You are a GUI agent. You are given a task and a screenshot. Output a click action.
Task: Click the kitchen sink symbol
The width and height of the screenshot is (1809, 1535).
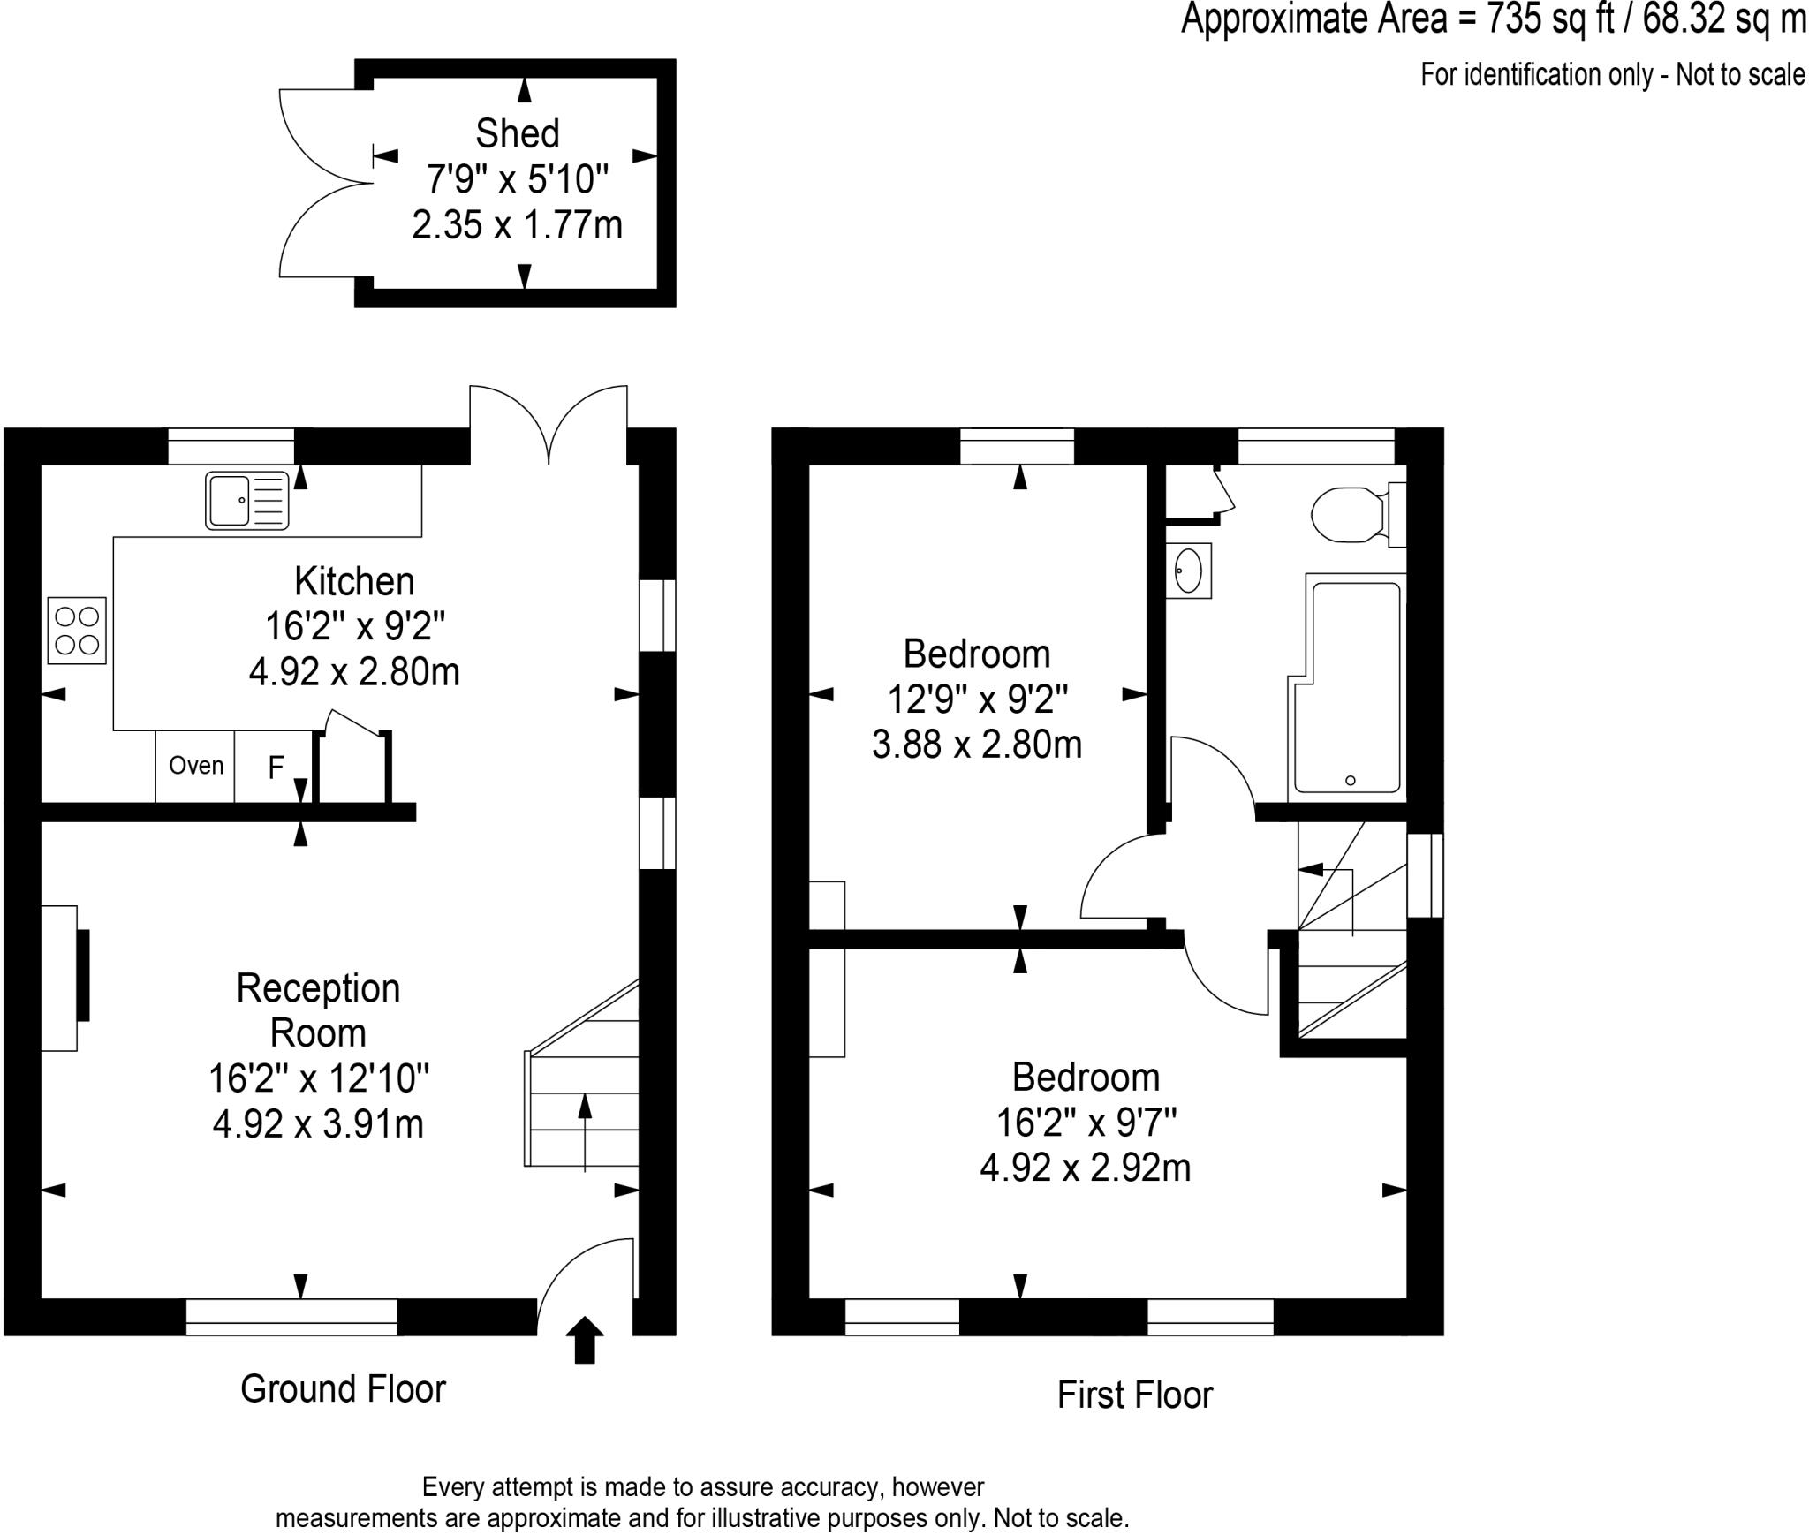pos(246,500)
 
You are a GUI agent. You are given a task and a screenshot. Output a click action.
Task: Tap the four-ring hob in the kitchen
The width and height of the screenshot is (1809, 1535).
pos(77,631)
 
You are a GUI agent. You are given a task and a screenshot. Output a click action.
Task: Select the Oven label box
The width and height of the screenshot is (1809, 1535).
pos(195,766)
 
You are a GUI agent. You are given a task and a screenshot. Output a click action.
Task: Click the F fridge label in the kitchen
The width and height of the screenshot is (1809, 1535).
pos(276,767)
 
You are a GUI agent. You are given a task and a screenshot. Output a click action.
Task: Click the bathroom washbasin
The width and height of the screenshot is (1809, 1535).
pos(1188,570)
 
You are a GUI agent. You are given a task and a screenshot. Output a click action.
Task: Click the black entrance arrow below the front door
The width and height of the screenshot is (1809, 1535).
pos(584,1339)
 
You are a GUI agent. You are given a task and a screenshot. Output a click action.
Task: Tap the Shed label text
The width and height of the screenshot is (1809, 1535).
pos(517,134)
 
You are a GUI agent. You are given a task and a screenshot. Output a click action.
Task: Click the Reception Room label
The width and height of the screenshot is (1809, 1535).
pos(318,1010)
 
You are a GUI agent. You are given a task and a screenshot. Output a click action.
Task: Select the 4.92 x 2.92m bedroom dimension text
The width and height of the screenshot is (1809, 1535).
pos(1085,1168)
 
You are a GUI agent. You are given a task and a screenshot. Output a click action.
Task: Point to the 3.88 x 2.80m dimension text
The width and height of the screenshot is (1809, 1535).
pos(976,745)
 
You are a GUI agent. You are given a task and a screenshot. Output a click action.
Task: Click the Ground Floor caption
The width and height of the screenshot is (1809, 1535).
pos(343,1389)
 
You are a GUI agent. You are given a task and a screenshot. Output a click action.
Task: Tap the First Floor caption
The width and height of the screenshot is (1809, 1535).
pos(1134,1395)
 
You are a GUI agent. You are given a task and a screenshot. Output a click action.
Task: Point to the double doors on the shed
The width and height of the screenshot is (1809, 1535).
pos(322,184)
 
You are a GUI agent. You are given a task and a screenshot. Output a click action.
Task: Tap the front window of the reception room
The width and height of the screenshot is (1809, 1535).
pos(291,1316)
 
